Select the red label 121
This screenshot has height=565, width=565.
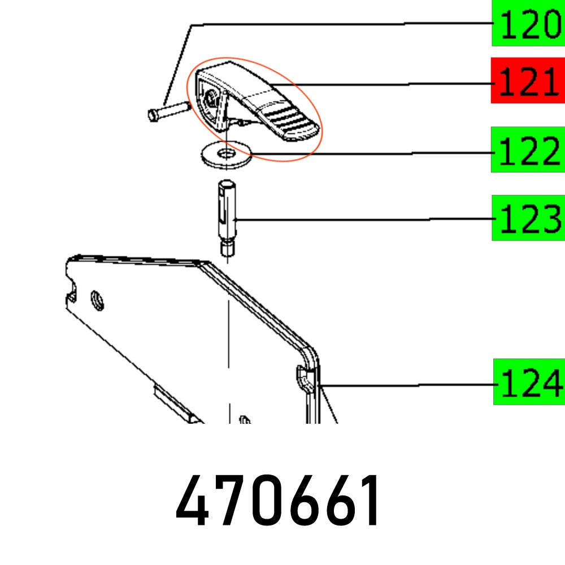[528, 80]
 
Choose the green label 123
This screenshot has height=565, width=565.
[528, 218]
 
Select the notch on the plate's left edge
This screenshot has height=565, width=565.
[72, 292]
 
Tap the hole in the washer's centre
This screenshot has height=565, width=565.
[226, 153]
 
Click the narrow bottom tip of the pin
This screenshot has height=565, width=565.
[227, 249]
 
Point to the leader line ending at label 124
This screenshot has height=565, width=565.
[407, 385]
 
